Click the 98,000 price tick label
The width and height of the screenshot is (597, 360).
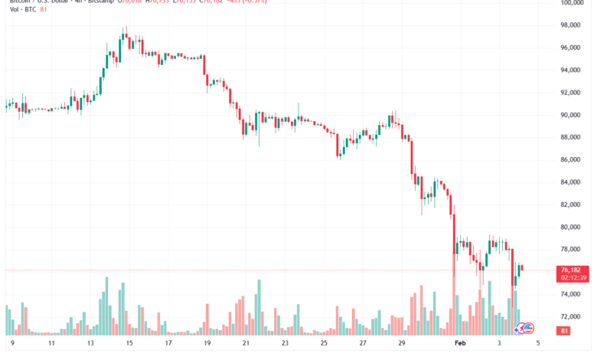tap(570, 25)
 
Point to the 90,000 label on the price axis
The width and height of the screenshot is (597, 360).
tap(570, 115)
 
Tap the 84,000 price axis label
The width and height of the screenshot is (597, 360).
tap(570, 182)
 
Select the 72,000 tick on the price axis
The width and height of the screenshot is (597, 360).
tap(570, 316)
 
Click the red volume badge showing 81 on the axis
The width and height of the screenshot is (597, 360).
tap(564, 331)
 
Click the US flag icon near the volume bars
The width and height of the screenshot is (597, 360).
tap(527, 327)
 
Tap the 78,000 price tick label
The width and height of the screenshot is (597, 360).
tap(570, 250)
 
